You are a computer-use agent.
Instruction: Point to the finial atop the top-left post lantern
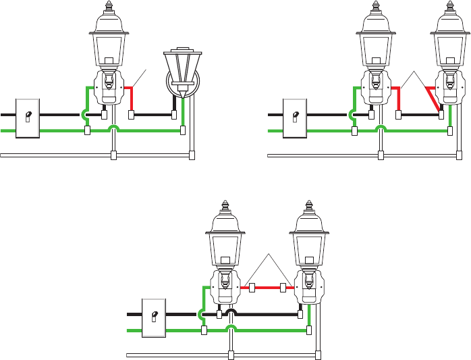[108, 9]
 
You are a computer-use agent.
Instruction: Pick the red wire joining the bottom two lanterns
[266, 288]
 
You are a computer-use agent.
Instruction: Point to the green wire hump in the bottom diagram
[231, 329]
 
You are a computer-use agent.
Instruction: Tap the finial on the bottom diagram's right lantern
[310, 206]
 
